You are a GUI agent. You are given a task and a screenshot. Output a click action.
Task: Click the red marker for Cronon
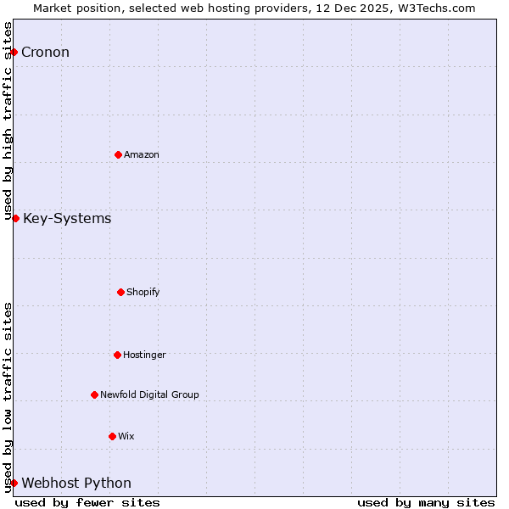coord(14,53)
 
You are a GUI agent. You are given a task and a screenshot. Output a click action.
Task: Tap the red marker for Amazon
coord(118,154)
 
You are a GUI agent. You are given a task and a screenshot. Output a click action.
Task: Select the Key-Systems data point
coord(15,219)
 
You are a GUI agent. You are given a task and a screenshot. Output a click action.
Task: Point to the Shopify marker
coord(120,292)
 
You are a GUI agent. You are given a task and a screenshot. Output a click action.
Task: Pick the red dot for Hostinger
coord(117,355)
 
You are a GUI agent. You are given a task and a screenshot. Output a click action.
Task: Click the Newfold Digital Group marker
coord(94,394)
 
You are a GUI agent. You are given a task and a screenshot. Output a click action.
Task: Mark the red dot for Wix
coord(112,436)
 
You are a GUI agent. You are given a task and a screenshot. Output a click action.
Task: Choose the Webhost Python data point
coord(14,484)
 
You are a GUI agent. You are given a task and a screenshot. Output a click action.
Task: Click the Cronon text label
coord(45,53)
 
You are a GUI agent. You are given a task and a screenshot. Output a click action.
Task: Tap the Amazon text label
coord(142,154)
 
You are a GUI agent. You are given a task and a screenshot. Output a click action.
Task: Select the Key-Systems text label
coord(67,219)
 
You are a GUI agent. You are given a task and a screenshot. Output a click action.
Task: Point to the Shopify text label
coord(143,292)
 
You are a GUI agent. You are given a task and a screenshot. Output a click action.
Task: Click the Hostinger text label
coord(144,355)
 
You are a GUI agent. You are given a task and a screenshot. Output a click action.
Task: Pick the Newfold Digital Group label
coord(149,394)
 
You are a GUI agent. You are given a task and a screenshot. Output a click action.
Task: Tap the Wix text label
coord(126,436)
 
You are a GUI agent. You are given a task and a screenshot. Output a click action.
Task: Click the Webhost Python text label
coord(76,484)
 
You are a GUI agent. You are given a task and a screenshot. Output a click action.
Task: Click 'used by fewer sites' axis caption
coord(87,502)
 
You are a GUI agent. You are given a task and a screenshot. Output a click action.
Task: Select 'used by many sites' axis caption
coord(426,502)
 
